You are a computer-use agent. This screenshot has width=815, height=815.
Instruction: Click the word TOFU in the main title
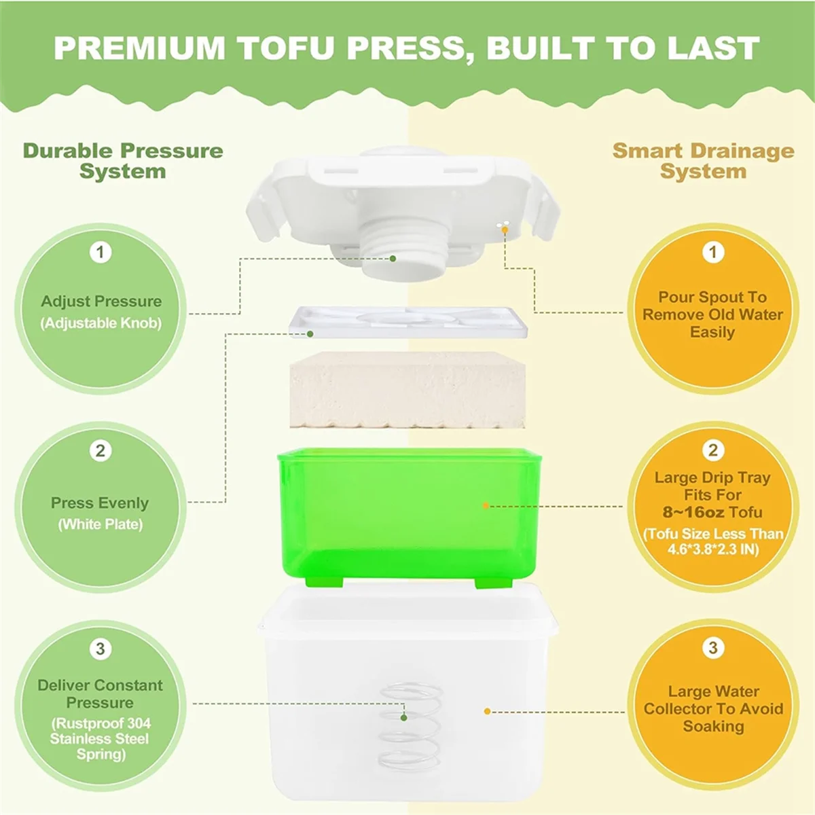click(x=289, y=48)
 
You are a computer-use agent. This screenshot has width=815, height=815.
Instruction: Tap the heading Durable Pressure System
click(x=123, y=161)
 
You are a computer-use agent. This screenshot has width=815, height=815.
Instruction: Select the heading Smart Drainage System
click(x=703, y=161)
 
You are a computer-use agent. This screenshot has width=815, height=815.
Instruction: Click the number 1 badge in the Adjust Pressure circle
click(x=101, y=253)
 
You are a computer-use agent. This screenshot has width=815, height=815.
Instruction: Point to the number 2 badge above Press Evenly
click(x=101, y=450)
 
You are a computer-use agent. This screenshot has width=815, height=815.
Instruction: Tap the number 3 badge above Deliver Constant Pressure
click(x=101, y=649)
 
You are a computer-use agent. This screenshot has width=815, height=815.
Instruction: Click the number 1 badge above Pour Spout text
click(x=712, y=253)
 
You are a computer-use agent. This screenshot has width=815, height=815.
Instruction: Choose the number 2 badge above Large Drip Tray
click(x=712, y=450)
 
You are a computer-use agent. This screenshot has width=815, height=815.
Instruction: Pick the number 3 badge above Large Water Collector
click(x=712, y=648)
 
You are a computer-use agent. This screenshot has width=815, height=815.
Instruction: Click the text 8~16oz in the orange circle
click(x=693, y=513)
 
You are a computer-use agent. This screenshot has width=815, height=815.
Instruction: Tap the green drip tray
click(x=407, y=516)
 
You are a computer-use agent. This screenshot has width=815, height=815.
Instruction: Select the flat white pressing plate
click(x=407, y=322)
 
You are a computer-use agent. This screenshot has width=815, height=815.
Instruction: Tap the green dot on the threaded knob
click(x=393, y=258)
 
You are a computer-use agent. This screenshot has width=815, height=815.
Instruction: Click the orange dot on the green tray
click(x=486, y=506)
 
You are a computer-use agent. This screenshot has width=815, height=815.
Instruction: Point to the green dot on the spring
click(x=404, y=717)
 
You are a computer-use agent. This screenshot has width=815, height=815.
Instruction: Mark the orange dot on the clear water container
click(x=487, y=711)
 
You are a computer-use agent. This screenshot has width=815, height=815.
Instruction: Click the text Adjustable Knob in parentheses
click(x=101, y=323)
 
